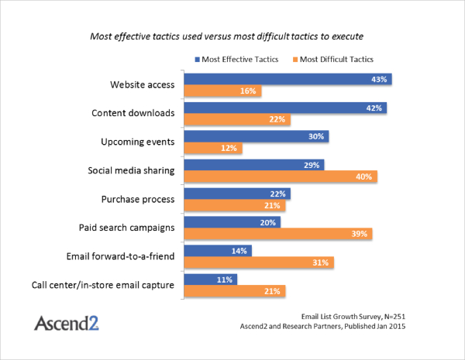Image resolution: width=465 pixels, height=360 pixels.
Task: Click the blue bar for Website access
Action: [x=288, y=79]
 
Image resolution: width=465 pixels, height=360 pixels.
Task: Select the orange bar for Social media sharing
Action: [x=281, y=177]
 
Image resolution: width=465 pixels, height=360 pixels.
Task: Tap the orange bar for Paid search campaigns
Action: [x=278, y=233]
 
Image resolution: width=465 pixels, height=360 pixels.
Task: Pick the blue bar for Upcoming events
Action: [x=257, y=135]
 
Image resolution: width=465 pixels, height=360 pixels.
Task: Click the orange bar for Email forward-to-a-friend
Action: [x=259, y=262]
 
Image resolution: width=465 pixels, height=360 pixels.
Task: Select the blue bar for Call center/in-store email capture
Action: [x=210, y=279]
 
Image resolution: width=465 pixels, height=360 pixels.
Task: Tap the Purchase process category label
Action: [x=138, y=199]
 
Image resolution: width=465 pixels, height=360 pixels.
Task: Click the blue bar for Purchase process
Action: [x=236, y=193]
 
